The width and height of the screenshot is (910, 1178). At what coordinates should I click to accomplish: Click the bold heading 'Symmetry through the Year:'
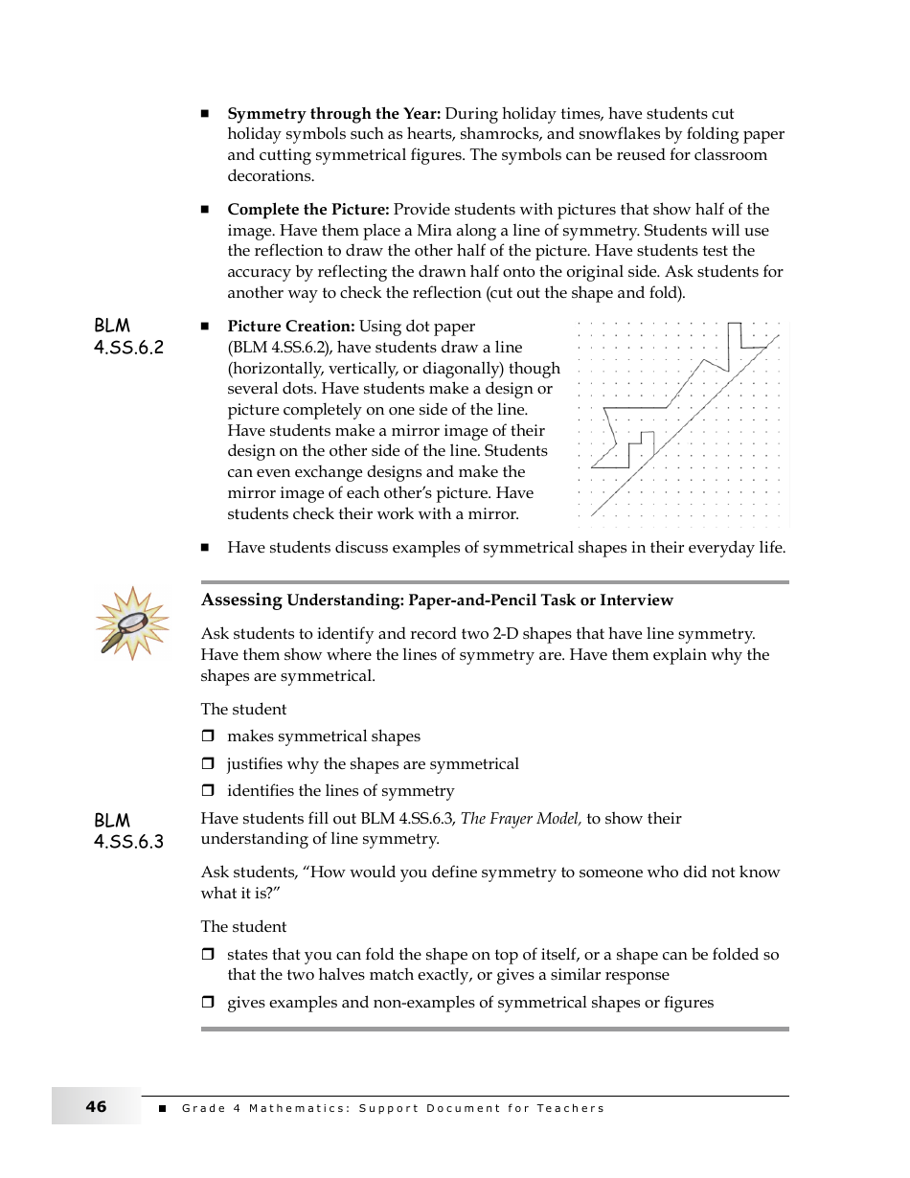(333, 114)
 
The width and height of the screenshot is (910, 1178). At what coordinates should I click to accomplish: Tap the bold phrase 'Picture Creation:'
(291, 327)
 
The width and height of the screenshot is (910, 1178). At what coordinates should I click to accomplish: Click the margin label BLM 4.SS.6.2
(128, 337)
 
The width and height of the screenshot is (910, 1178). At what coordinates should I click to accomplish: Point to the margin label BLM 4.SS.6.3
(128, 831)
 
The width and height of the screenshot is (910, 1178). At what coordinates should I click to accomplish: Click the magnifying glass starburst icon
(131, 623)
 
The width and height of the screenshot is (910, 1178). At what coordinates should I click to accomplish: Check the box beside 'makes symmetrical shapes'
(207, 736)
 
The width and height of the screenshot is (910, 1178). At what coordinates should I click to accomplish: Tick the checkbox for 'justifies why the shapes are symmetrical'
(207, 764)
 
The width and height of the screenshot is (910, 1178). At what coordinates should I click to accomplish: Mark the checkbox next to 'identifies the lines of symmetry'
(207, 791)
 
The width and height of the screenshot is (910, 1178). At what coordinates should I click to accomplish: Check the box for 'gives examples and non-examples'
(207, 1003)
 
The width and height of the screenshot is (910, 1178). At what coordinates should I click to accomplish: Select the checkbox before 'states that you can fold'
(207, 955)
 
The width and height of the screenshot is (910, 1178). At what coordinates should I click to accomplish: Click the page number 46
(96, 1107)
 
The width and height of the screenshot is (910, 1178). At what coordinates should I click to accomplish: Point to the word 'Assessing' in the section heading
(241, 600)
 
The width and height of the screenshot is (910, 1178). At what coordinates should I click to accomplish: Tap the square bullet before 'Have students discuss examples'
(205, 548)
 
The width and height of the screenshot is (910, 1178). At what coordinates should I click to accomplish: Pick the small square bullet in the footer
(162, 1108)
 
